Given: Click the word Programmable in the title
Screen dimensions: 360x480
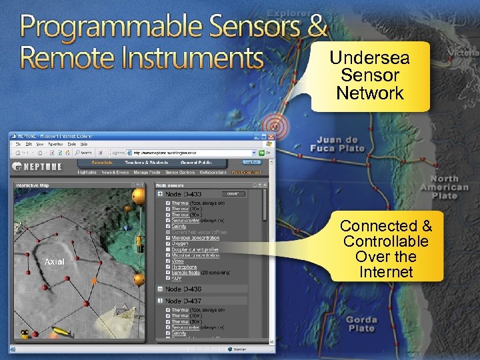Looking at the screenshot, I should [109, 27].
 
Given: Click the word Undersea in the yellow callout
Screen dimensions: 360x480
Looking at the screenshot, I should [369, 58].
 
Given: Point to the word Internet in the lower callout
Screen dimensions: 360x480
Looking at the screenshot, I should [386, 272].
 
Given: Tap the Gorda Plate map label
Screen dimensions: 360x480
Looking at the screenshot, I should [361, 324].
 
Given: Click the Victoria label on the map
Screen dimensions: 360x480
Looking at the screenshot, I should [463, 52].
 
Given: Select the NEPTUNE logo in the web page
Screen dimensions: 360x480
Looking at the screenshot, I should [39, 163].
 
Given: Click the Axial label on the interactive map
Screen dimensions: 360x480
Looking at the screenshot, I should [54, 262].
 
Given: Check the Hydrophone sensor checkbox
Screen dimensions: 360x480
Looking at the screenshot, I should [167, 266].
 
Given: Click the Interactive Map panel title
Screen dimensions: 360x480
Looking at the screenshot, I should [36, 185].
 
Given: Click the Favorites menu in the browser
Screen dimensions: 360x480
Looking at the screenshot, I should [54, 143].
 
